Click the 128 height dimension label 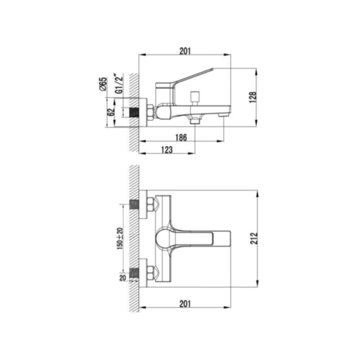click(253, 97)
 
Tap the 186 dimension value click(181, 138)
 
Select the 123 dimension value click(167, 150)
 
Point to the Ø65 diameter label click(103, 84)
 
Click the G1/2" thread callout click(119, 84)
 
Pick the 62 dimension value click(111, 112)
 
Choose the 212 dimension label click(254, 238)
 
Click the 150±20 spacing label click(120, 239)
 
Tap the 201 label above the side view click(185, 51)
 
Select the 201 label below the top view click(185, 304)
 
